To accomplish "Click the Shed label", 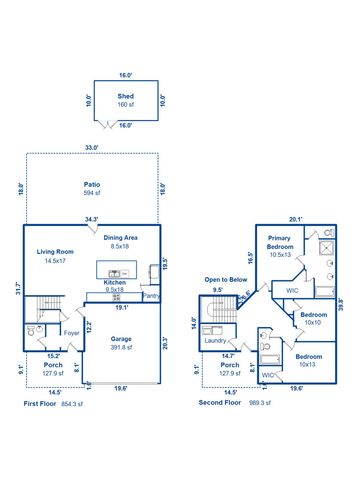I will click(125, 96).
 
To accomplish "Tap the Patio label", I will click(91, 185).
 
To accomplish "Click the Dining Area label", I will click(124, 238).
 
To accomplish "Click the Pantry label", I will click(151, 296).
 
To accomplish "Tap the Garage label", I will click(121, 339).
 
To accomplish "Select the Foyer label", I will click(71, 333).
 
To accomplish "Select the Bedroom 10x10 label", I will click(312, 318).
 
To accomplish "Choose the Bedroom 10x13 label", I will click(308, 358).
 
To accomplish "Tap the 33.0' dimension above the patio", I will click(91, 148).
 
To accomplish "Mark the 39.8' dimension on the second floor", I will click(342, 305).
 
